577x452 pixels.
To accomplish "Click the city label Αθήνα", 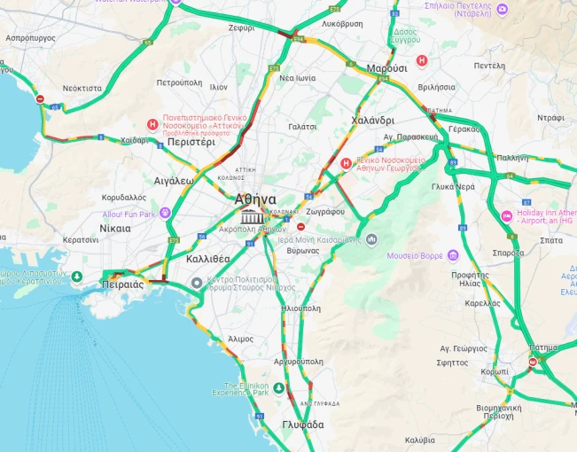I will pos(255,199).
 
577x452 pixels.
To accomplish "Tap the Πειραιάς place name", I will pos(123,284).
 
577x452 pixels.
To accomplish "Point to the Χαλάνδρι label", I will pos(372,120).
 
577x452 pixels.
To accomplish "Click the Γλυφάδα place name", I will pos(303,425).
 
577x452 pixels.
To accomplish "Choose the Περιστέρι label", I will pos(191,141).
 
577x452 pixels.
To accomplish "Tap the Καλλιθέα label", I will pos(208,258).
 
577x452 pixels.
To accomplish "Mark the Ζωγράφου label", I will pos(324,212).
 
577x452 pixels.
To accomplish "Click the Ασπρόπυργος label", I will pos(30,38).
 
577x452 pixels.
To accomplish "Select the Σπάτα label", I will pos(550,239).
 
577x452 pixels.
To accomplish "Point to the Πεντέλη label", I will pos(489,66).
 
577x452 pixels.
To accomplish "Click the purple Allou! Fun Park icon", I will pos(165,214).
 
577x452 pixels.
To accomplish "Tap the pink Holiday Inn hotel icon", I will pos(507,215).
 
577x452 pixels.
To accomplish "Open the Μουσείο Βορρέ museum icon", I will pos(453,256).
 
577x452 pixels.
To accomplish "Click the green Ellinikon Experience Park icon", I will pos(278,388).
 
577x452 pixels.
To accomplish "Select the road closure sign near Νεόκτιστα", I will pos(39,98).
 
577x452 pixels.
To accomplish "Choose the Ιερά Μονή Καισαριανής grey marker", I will pos(371,239).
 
